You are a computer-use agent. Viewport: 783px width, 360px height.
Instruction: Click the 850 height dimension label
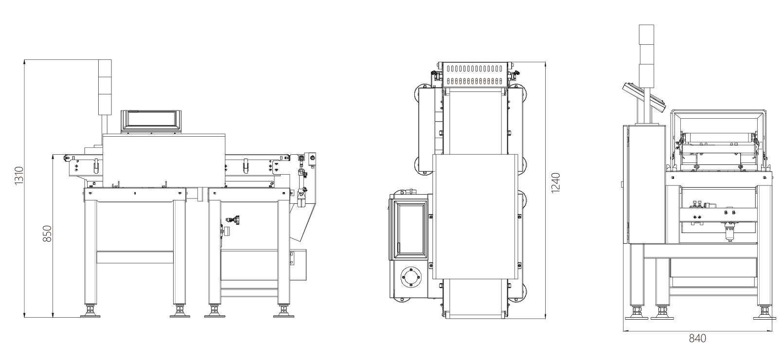coord(47,234)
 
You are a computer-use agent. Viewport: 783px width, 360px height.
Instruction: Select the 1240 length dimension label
coord(555,183)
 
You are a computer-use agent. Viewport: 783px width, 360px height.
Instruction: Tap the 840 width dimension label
coord(697,339)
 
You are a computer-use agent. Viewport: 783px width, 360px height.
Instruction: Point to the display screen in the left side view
coord(151,121)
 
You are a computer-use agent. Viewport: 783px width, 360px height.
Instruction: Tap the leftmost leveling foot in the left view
coord(90,311)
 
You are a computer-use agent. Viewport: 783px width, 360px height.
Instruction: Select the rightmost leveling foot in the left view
coord(284,311)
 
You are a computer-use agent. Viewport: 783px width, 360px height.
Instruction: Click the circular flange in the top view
coord(411,277)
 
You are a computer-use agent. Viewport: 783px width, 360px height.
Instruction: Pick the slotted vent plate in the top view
coord(475,75)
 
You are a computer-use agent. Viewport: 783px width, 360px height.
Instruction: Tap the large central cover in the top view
coord(475,216)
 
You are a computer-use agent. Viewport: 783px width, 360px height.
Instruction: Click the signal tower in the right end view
coord(646,56)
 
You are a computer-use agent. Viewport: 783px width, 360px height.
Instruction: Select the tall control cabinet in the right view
coord(644,184)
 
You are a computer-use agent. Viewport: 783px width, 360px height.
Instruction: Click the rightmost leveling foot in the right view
coord(765,312)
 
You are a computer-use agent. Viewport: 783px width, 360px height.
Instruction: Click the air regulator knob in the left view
coord(227,232)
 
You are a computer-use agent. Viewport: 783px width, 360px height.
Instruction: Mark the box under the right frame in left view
coord(298,265)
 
